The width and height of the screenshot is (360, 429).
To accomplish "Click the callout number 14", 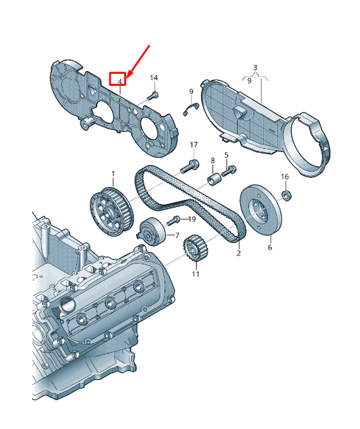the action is [x=154, y=78].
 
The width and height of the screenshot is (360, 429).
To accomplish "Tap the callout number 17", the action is [x=194, y=145].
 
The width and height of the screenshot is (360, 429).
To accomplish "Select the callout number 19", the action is [x=192, y=219].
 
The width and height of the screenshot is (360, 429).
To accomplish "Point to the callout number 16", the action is [x=285, y=177].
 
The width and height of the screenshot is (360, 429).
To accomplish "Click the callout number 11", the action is [x=196, y=274].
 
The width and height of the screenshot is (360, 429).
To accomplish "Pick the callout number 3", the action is [x=255, y=67].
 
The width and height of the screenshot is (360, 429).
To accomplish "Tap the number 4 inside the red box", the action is [x=120, y=82].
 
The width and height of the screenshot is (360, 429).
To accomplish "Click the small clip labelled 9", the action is [x=190, y=109].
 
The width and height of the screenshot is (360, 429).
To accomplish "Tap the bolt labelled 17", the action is [x=189, y=166].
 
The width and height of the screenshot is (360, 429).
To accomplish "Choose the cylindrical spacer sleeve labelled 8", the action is [x=214, y=179].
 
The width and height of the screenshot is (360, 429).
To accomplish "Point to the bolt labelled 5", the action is [x=229, y=170].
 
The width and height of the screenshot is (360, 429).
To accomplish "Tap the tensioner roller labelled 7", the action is [x=152, y=232].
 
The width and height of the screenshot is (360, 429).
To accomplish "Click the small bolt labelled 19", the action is [x=172, y=221].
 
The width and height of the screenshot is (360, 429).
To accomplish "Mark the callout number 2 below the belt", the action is [x=239, y=253].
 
